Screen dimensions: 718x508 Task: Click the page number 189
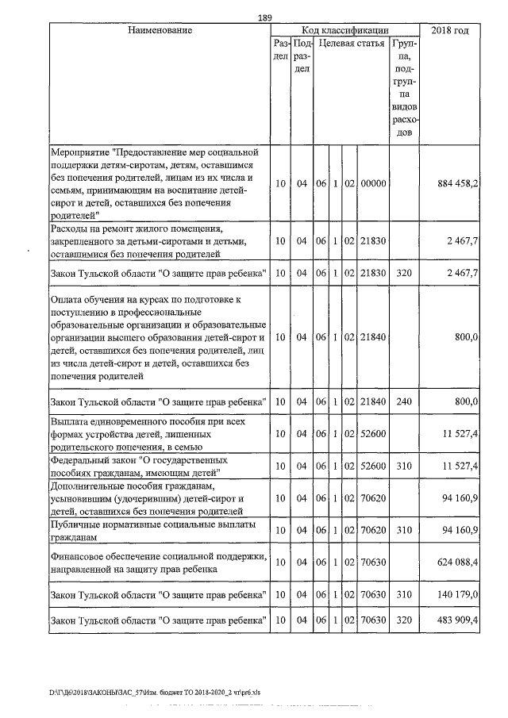tap(266, 18)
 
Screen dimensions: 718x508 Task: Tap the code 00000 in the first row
tap(372, 183)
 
